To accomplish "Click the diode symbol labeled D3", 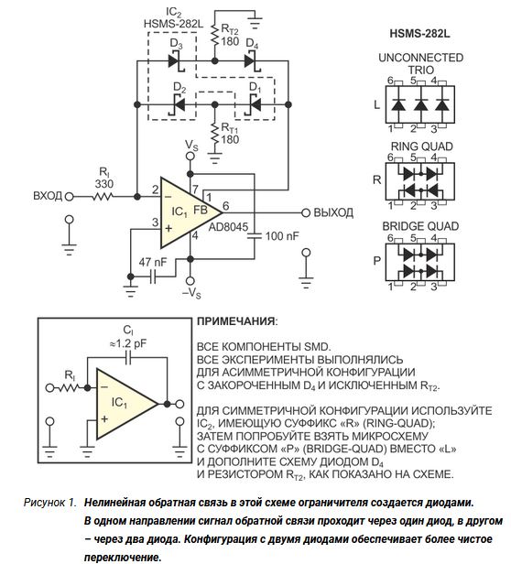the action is [x=176, y=61].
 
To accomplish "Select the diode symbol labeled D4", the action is [x=252, y=61].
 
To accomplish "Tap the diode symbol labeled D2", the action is [x=179, y=104].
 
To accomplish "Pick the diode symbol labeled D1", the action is [x=255, y=104].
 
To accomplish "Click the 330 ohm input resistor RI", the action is [x=103, y=196].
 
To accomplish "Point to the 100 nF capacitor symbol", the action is [x=255, y=235].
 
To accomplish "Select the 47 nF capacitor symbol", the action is [x=153, y=277].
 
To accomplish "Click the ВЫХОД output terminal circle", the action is [x=306, y=213].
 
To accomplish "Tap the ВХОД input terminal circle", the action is [x=69, y=196].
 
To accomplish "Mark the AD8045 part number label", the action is [x=229, y=227].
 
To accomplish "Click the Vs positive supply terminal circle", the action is [x=190, y=156].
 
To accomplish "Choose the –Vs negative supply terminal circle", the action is [x=190, y=281].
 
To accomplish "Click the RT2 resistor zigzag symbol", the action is [x=215, y=35].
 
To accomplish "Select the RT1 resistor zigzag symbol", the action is [x=215, y=134].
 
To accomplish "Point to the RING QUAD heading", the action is [x=422, y=146].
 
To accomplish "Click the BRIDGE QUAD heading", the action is [x=420, y=226].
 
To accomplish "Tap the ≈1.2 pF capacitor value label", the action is [x=128, y=344].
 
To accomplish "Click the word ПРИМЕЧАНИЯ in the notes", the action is [x=235, y=321].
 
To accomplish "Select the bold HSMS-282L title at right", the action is [x=419, y=34].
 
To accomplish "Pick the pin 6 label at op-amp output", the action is [x=225, y=206].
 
